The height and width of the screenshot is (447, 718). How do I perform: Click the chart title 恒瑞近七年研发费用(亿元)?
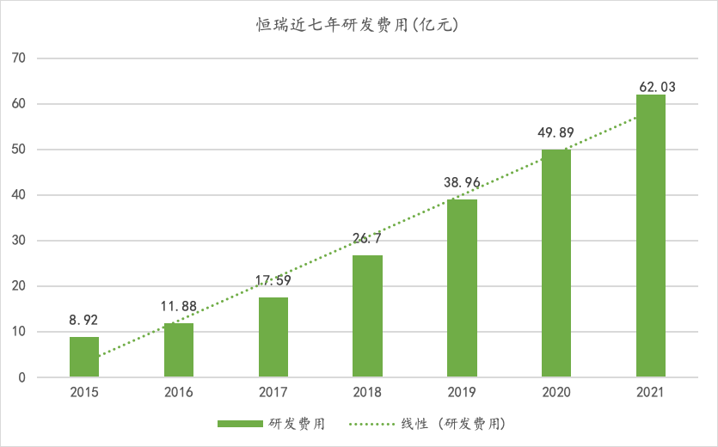(358, 25)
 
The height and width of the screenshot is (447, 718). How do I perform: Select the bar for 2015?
(84, 357)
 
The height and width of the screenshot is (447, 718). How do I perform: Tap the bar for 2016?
(179, 350)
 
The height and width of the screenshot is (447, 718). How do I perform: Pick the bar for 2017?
(273, 337)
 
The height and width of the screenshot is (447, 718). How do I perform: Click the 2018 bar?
(368, 316)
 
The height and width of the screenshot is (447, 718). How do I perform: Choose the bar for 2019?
(462, 288)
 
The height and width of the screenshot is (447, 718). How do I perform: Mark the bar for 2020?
(556, 263)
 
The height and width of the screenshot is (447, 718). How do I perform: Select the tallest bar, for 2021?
(651, 236)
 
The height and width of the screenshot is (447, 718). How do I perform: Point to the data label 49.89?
(556, 133)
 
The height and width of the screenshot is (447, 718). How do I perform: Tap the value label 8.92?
(84, 320)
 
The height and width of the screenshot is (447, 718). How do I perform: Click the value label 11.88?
(179, 306)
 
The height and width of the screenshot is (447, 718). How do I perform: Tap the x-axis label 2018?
(368, 393)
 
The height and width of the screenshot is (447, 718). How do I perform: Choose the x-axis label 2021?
(651, 393)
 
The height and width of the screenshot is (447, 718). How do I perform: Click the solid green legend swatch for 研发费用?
(240, 424)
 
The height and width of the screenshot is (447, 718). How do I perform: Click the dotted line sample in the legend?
(371, 424)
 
